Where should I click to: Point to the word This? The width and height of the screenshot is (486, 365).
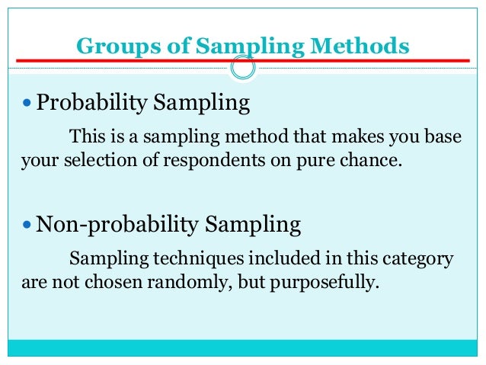point(85,138)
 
